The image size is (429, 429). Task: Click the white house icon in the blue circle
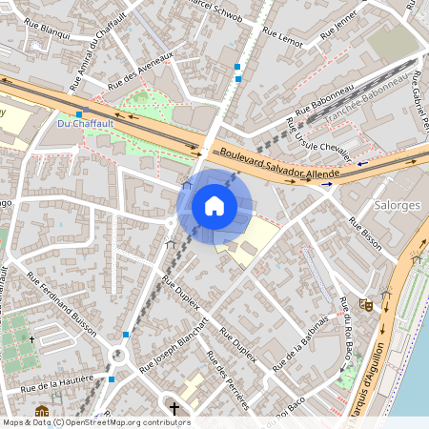tap(214, 206)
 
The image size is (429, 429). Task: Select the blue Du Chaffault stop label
tap(85, 123)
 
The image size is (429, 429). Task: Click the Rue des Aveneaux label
tap(141, 72)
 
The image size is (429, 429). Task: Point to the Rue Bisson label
tap(365, 234)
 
